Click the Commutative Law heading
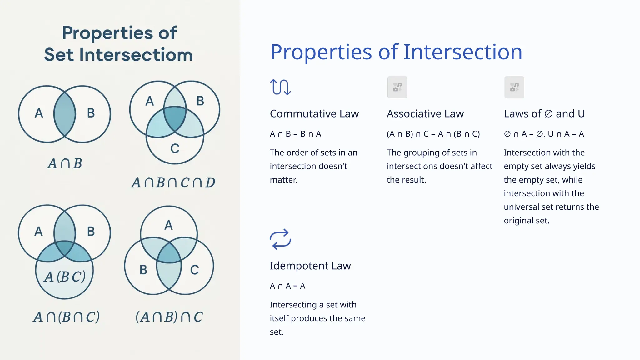(314, 114)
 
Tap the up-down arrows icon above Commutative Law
(280, 87)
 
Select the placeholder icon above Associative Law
(397, 87)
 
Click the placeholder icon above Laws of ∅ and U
(514, 87)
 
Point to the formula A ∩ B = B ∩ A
(295, 134)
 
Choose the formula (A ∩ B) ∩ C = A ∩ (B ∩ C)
(433, 134)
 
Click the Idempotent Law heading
(310, 266)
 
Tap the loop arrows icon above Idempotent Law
(280, 239)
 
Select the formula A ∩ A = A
(287, 286)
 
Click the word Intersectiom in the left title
(136, 55)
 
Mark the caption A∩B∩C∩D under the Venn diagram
(173, 183)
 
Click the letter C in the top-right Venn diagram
(175, 148)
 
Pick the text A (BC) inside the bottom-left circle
(65, 277)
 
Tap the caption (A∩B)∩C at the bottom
(169, 317)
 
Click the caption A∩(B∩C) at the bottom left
(67, 317)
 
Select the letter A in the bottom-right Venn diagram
(168, 225)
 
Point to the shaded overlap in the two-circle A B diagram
(65, 114)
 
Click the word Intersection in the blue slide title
(463, 52)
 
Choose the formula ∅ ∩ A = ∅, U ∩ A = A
(544, 134)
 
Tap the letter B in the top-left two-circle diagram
(91, 113)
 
